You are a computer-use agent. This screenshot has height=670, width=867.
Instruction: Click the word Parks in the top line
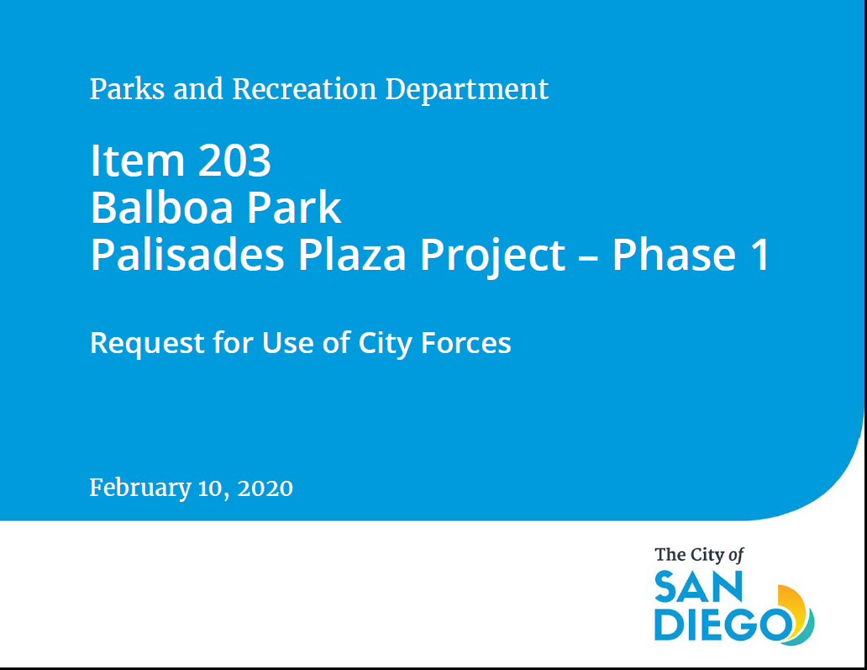click(127, 89)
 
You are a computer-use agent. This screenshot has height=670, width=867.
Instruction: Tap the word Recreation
click(304, 89)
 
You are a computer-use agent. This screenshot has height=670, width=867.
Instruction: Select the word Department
click(466, 90)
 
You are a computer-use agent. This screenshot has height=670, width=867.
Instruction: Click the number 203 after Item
click(234, 161)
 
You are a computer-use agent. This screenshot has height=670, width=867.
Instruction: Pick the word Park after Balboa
click(293, 208)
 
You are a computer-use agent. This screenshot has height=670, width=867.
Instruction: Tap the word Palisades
click(187, 255)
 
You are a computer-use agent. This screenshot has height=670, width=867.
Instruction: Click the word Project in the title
click(492, 256)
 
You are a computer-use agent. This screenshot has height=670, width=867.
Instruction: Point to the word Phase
click(674, 255)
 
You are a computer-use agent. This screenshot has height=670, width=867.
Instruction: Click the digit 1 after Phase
click(760, 255)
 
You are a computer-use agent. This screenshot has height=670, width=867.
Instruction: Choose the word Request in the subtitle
click(147, 344)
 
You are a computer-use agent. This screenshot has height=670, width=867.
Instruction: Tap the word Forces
click(465, 343)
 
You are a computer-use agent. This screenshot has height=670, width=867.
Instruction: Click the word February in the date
click(140, 488)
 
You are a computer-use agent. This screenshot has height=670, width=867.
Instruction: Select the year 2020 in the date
click(265, 488)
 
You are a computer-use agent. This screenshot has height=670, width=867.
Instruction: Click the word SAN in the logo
click(698, 587)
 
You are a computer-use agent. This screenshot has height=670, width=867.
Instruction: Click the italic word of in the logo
click(736, 556)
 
